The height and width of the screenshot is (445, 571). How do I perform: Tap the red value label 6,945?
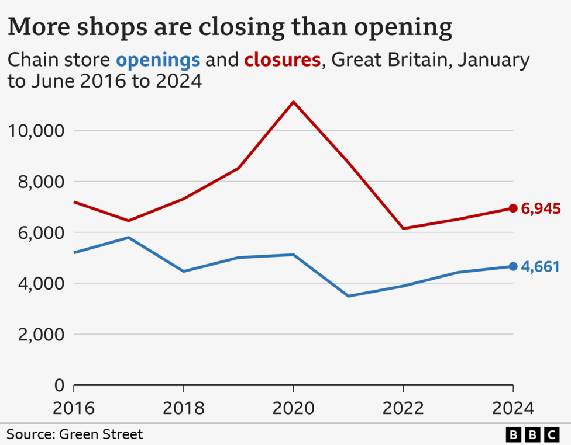pos(541,208)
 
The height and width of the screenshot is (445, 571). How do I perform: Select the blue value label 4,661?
pos(541,267)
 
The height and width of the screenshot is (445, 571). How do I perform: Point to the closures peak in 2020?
pos(293,102)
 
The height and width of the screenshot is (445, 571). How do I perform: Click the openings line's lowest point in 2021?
pos(348,296)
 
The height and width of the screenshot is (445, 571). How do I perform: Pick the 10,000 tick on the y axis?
pos(36,130)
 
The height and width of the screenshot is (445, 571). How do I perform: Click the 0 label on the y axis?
pos(60,385)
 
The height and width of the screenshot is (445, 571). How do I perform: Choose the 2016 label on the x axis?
pos(74,408)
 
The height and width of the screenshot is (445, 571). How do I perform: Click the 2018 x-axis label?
pos(184,408)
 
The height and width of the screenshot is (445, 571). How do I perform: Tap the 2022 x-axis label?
pos(403,408)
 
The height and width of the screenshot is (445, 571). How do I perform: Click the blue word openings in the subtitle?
pos(158,60)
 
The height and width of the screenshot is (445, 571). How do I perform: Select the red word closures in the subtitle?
pos(282,60)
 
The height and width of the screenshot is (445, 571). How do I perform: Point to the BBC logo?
pos(532,434)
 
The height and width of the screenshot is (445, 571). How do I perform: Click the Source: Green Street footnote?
pos(74,434)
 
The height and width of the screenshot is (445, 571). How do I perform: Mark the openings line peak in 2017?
pos(129,237)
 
